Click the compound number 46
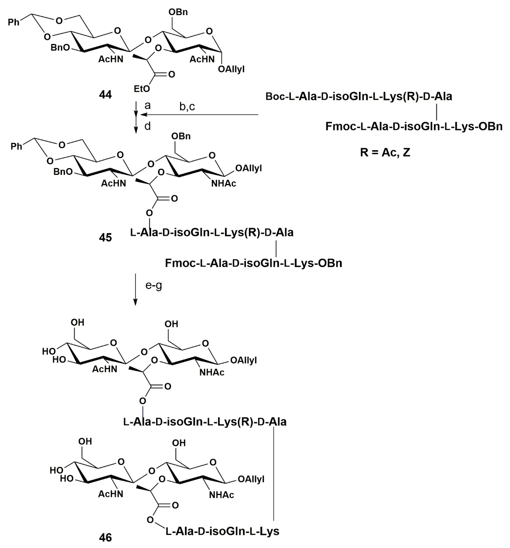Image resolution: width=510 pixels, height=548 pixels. [105, 538]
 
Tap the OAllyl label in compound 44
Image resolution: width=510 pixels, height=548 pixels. [231, 69]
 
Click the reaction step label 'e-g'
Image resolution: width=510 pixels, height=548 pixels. [153, 286]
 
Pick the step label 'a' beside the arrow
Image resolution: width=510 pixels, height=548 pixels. [148, 105]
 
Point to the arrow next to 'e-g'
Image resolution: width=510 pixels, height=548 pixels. [135, 289]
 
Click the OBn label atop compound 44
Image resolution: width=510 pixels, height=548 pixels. [178, 12]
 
